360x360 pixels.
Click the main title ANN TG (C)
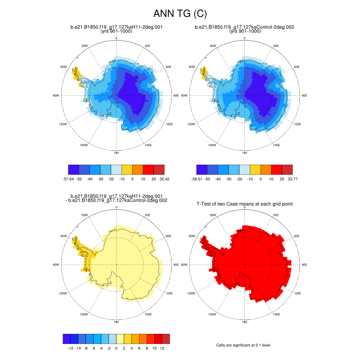(180, 14)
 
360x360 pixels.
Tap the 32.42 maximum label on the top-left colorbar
(165, 179)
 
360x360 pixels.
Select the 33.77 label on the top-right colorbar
(292, 179)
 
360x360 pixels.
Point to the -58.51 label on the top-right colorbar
(197, 179)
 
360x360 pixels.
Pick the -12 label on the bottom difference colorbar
(70, 348)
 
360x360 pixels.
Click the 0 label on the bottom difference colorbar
(117, 348)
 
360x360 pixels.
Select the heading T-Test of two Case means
(245, 204)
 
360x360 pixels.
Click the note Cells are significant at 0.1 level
(243, 345)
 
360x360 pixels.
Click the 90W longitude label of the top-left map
(56, 95)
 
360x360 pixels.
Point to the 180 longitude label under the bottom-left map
(116, 322)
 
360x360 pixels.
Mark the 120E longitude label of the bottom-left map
(169, 293)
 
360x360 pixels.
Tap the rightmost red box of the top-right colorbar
(287, 170)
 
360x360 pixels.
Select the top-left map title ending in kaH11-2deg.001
(117, 27)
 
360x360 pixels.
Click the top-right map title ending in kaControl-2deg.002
(244, 27)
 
